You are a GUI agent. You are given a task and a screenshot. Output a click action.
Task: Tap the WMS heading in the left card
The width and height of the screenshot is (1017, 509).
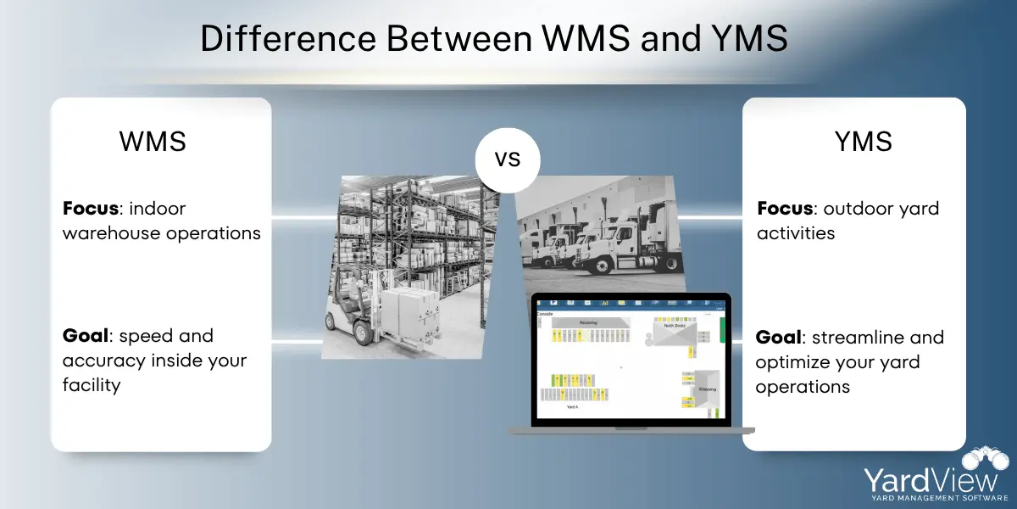click(153, 141)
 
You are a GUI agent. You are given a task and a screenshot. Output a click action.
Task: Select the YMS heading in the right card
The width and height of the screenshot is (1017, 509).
click(863, 141)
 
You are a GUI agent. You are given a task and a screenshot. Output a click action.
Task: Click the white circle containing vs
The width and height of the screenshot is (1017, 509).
click(508, 159)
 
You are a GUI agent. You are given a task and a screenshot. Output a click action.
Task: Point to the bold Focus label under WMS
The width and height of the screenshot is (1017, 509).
click(92, 209)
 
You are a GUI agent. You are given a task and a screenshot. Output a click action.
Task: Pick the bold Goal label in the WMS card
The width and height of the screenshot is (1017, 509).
click(87, 336)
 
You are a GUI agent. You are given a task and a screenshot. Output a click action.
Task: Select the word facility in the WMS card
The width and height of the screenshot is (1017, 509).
click(92, 385)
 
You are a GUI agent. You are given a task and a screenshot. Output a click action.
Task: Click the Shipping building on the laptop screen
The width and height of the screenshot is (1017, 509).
click(706, 388)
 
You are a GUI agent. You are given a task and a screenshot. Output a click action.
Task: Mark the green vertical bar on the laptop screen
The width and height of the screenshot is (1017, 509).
click(722, 332)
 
